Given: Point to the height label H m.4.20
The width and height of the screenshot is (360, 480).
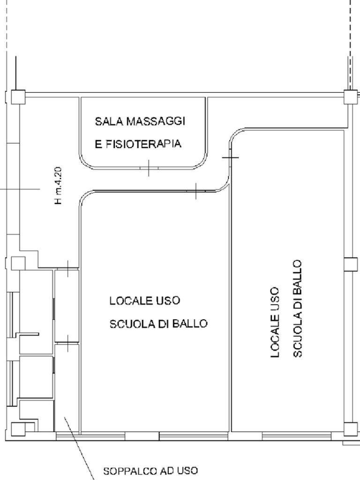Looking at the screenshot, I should pos(59,186).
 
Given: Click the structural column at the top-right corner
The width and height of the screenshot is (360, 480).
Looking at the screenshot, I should pos(350,97).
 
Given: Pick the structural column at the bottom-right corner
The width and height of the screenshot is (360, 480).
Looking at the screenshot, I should pos(350,429).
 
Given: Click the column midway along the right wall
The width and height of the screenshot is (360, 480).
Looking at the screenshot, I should pos(350,264).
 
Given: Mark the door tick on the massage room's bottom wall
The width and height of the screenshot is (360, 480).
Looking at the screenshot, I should pos(148,167).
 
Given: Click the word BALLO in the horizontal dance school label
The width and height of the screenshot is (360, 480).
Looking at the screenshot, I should pos(190,324).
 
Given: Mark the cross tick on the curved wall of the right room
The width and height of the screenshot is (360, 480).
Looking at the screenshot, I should pos(230,157).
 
